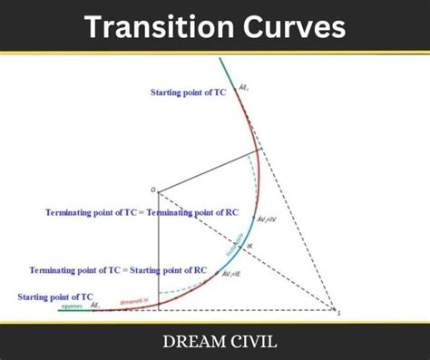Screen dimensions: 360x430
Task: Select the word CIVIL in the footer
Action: point(249,343)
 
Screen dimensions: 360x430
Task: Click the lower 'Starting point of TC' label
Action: point(55,296)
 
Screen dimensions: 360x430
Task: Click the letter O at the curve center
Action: point(152,190)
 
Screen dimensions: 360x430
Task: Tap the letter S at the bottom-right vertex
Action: point(338,313)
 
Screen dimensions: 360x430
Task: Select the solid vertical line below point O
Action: point(158,254)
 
